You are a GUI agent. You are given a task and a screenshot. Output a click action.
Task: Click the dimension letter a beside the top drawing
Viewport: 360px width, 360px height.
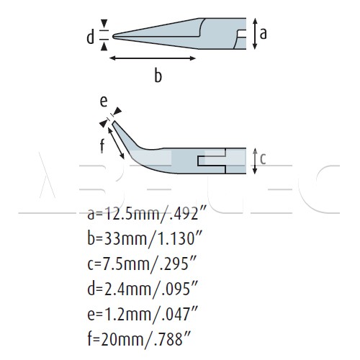pyautogui.click(x=264, y=33)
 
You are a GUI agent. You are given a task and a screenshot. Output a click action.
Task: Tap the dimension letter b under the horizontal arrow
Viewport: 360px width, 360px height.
pyautogui.click(x=158, y=76)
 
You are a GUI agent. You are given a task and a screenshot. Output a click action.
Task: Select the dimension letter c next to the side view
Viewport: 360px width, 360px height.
pyautogui.click(x=263, y=159)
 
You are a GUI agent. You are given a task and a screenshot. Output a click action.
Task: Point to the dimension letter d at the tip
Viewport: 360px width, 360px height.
pyautogui.click(x=90, y=37)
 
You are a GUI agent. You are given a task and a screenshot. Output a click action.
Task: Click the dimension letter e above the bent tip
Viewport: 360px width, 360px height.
pyautogui.click(x=104, y=102)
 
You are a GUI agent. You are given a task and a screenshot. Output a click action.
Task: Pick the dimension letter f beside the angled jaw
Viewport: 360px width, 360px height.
pyautogui.click(x=102, y=145)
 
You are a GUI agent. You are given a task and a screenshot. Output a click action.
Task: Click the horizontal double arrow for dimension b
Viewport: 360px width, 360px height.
pyautogui.click(x=153, y=58)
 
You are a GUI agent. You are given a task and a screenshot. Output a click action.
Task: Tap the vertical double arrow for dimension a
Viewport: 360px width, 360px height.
pyautogui.click(x=255, y=34)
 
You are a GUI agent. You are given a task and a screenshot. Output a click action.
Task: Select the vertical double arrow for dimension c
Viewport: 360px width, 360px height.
pyautogui.click(x=255, y=161)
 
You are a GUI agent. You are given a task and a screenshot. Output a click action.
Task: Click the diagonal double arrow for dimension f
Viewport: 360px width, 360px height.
pyautogui.click(x=116, y=143)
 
